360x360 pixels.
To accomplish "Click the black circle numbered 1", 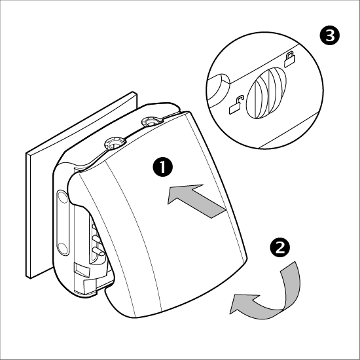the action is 163,167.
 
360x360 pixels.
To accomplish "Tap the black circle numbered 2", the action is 280,247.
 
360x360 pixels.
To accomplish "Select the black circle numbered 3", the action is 330,35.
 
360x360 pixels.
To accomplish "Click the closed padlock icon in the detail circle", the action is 289,59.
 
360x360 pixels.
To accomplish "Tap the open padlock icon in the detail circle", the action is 236,105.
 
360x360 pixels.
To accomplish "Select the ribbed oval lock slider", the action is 266,93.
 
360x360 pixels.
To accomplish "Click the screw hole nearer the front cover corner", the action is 115,143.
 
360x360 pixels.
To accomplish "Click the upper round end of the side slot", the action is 62,197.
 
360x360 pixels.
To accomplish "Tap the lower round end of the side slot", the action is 62,248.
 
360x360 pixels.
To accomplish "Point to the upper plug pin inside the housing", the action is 97,239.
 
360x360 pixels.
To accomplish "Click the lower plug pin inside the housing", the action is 98,251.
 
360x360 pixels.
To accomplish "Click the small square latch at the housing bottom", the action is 82,269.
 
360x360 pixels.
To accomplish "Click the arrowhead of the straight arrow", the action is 181,193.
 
